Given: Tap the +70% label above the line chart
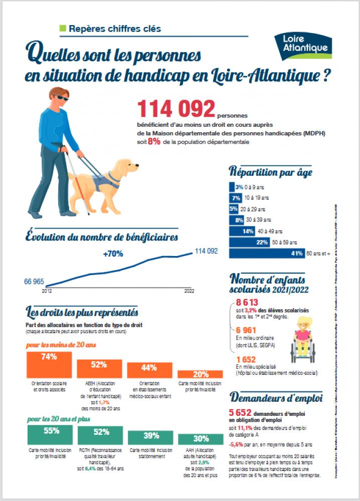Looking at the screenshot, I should click(x=113, y=254).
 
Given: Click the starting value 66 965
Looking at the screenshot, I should click(x=34, y=282).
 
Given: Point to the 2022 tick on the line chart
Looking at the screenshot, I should click(x=189, y=290).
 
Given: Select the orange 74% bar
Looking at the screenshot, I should click(x=49, y=364).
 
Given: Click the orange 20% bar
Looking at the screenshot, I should click(x=201, y=374).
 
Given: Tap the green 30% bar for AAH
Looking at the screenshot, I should click(x=201, y=438).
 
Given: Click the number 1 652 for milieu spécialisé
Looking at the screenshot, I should click(x=246, y=359).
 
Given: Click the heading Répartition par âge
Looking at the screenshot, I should click(x=271, y=172).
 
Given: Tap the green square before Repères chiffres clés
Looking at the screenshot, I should click(x=63, y=28).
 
